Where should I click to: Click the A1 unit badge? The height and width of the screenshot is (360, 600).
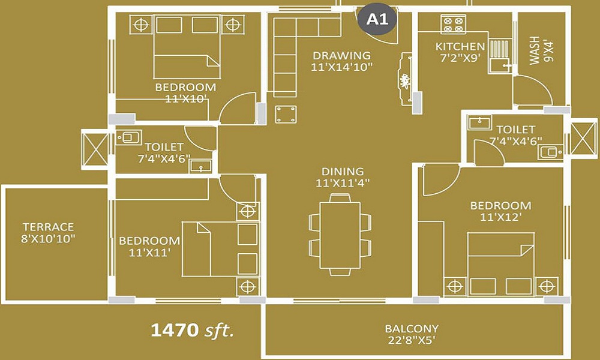tap(377, 19)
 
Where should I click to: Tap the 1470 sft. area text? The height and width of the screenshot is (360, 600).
tap(192, 330)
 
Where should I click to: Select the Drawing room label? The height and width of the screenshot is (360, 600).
tap(342, 61)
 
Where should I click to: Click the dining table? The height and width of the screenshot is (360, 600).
tap(340, 235)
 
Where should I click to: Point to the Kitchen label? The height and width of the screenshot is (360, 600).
tap(460, 52)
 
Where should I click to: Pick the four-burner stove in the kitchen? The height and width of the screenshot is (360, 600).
tap(453, 24)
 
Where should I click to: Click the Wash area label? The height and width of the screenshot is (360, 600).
tap(541, 50)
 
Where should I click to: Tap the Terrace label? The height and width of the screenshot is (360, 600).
tap(48, 233)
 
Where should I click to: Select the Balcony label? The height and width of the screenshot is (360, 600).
tap(412, 334)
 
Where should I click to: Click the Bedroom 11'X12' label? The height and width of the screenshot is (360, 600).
tap(500, 211)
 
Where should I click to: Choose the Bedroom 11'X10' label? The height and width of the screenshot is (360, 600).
tap(185, 92)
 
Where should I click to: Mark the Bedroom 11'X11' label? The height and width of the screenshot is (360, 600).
tap(149, 247)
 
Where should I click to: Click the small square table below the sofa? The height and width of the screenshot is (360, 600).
tap(286, 115)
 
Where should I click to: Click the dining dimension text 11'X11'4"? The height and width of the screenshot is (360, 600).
tap(343, 183)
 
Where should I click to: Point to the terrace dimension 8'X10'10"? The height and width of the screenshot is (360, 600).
tap(48, 239)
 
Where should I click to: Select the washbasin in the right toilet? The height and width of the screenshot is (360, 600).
tap(479, 123)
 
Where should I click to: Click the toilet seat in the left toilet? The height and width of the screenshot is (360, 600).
tap(129, 137)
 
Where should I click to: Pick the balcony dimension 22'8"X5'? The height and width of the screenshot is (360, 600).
tap(412, 340)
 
